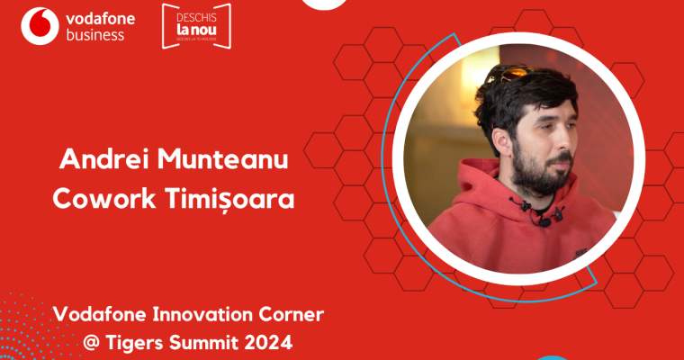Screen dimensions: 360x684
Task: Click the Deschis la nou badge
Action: coord(196,26)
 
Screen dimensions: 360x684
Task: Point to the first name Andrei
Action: coord(96,157)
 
